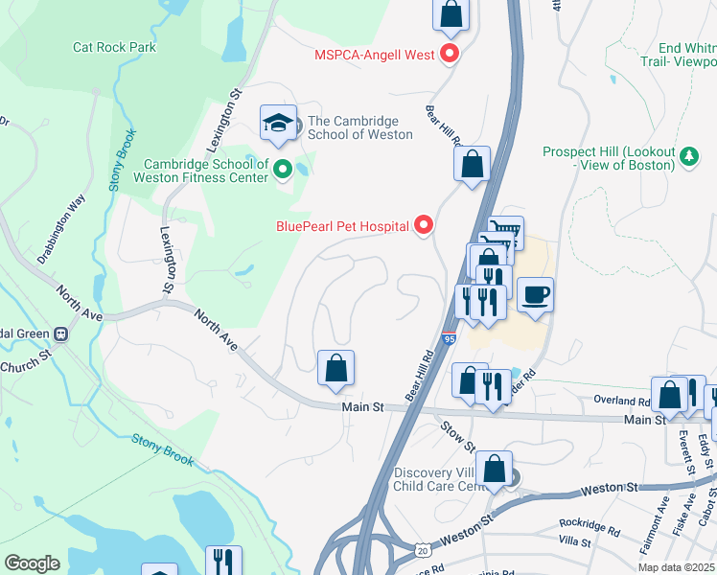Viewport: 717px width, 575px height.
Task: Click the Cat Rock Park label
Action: click(114, 47)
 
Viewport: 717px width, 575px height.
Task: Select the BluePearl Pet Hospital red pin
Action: click(424, 226)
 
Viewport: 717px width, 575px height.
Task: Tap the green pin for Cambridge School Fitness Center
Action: click(282, 171)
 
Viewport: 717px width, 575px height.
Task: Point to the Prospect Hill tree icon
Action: click(688, 156)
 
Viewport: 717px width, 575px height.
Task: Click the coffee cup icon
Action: click(535, 293)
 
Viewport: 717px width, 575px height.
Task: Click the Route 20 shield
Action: click(423, 550)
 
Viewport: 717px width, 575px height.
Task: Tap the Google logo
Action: click(32, 563)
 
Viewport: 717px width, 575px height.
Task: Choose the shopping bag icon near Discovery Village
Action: click(494, 470)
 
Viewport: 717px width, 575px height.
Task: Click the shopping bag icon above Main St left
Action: click(335, 368)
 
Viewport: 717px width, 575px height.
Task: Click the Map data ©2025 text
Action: click(678, 565)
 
